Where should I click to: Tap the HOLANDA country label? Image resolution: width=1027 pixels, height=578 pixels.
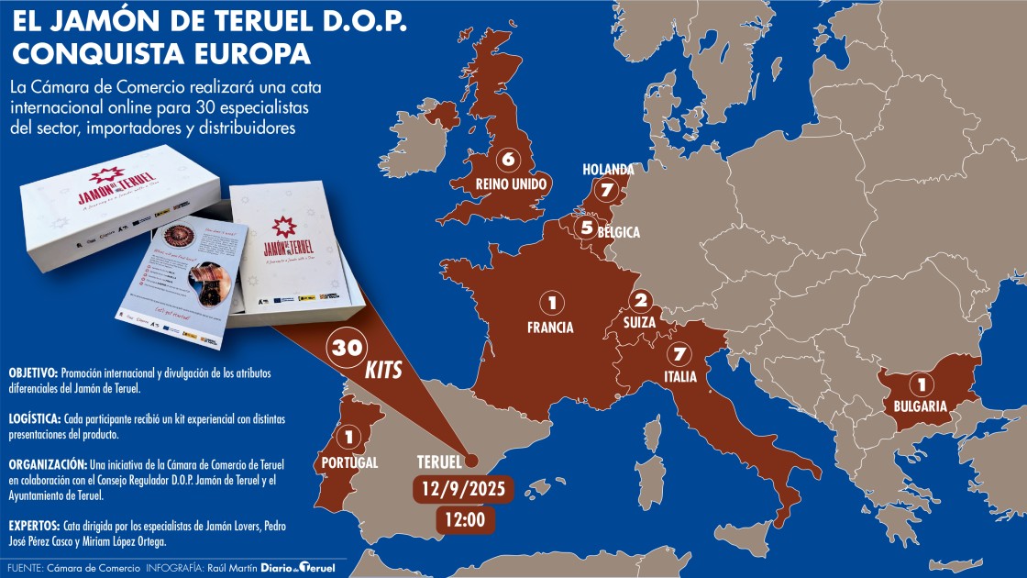pyautogui.click(x=608, y=170)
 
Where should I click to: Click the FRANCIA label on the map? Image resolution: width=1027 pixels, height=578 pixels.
pyautogui.click(x=551, y=327)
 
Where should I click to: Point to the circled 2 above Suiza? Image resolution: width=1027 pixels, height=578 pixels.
pyautogui.click(x=641, y=300)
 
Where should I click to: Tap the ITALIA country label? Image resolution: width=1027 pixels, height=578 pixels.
pyautogui.click(x=680, y=377)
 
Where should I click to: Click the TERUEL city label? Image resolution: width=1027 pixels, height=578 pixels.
pyautogui.click(x=437, y=461)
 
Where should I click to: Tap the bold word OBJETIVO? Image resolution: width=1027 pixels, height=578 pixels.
pyautogui.click(x=33, y=373)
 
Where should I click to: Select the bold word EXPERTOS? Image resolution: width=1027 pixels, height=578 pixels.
pyautogui.click(x=34, y=527)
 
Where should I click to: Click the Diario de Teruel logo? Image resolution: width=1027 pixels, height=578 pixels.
pyautogui.click(x=299, y=568)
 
